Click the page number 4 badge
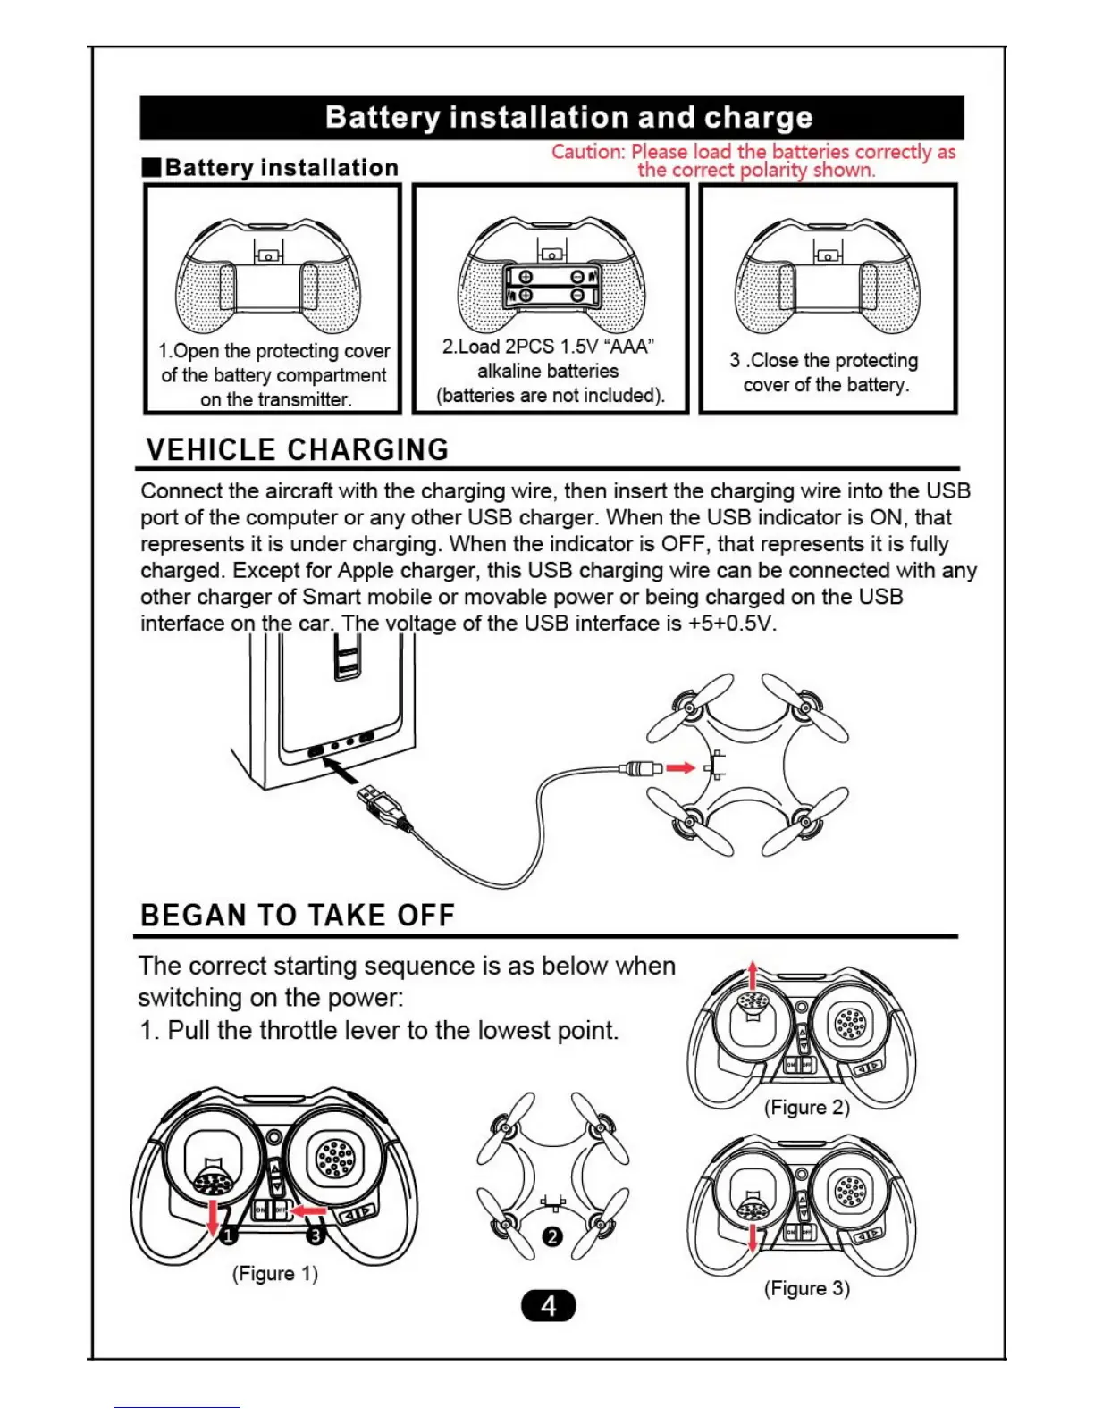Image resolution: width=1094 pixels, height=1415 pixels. [x=548, y=1306]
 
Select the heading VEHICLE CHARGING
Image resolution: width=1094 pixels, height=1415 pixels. [x=297, y=449]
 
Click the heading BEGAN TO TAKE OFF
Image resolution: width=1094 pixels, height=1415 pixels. [x=298, y=916]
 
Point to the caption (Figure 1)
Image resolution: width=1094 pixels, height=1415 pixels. [x=275, y=1273]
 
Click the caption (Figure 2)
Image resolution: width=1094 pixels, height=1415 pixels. [x=806, y=1108]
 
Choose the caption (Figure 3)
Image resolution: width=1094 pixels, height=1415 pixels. [x=806, y=1288]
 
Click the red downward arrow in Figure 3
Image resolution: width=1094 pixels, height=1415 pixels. [x=753, y=1236]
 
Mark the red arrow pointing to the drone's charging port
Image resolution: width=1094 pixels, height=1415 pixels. [x=680, y=767]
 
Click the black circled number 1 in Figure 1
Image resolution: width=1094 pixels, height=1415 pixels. [x=229, y=1235]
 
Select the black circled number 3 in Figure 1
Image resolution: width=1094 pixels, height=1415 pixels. [x=316, y=1235]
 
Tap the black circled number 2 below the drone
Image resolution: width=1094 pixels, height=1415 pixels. [x=552, y=1236]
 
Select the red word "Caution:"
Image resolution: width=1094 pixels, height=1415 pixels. [x=588, y=152]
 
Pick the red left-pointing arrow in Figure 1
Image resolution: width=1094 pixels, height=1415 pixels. [x=309, y=1211]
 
